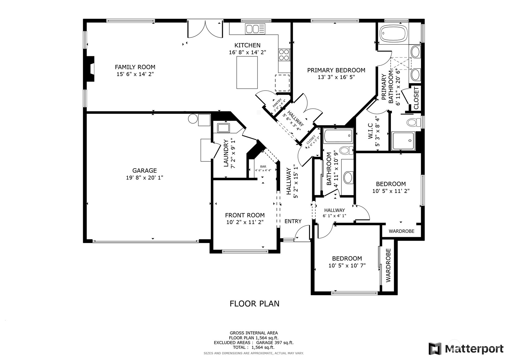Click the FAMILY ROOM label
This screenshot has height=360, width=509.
pos(135,67)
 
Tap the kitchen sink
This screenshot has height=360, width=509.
pos(255,29)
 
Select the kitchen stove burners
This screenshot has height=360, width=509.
pos(284,55)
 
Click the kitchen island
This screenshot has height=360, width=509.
pos(247,72)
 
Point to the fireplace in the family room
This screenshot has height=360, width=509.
pos(91,68)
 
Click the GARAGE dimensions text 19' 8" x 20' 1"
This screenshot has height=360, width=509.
pos(145,178)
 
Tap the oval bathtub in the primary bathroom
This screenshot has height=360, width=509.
pos(393,34)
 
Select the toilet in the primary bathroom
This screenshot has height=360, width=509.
pos(414,122)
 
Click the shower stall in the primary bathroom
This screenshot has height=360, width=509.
pos(403,141)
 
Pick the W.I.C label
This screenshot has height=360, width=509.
pos(370,131)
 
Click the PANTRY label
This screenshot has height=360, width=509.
pos(277,103)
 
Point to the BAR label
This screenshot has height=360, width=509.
pos(263,167)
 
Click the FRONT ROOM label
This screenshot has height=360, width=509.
pos(245,215)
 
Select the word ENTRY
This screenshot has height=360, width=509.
pos(293,221)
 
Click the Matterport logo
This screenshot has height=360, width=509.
pos(466,349)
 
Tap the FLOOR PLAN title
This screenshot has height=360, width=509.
pos(254,304)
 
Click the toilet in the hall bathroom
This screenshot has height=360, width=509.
pos(346,150)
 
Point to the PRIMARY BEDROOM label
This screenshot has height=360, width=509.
pos(336,70)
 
